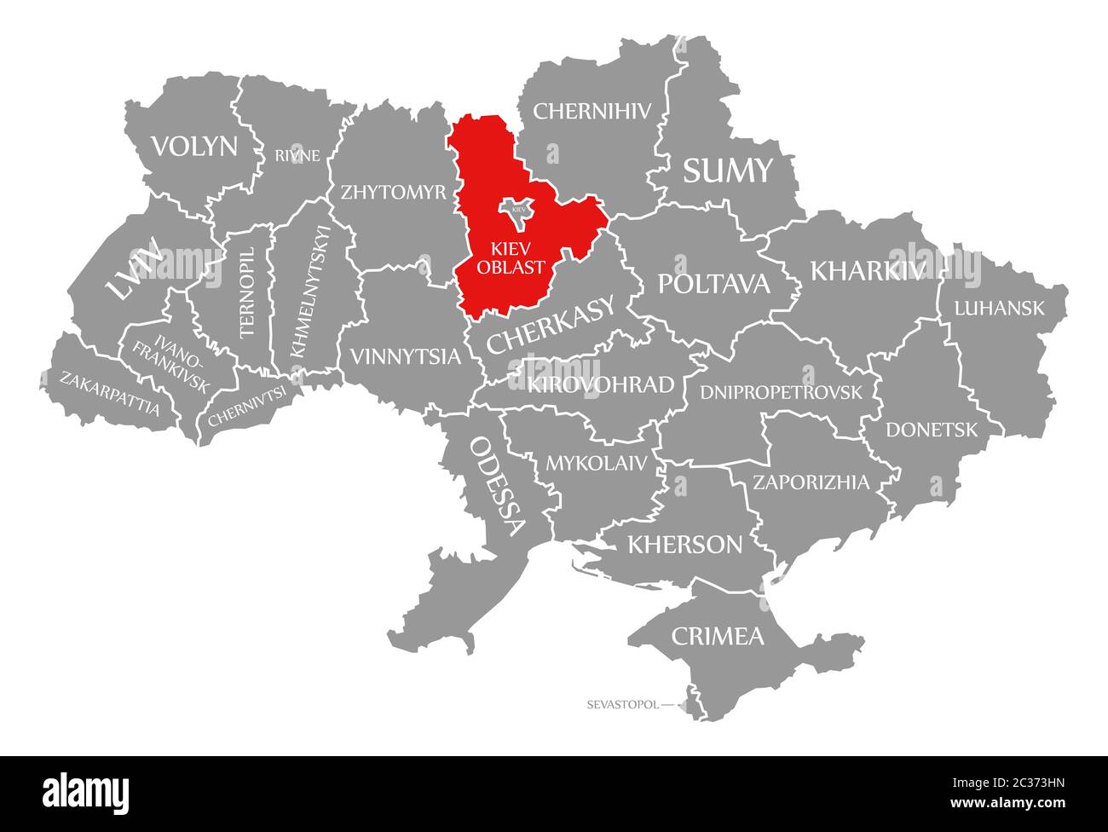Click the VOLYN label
coord(194,147)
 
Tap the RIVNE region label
coord(297,155)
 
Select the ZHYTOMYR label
coord(394,192)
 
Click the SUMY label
coord(727,171)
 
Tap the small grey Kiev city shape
coord(517,209)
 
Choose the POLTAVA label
coord(713,284)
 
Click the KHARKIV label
coord(868,271)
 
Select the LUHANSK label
coord(999,309)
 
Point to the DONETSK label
coord(932,430)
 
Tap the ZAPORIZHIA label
coord(811,482)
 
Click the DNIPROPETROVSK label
coord(781,392)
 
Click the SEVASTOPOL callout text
coord(622,705)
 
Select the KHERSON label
coord(684,544)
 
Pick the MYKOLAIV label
coord(597,464)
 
